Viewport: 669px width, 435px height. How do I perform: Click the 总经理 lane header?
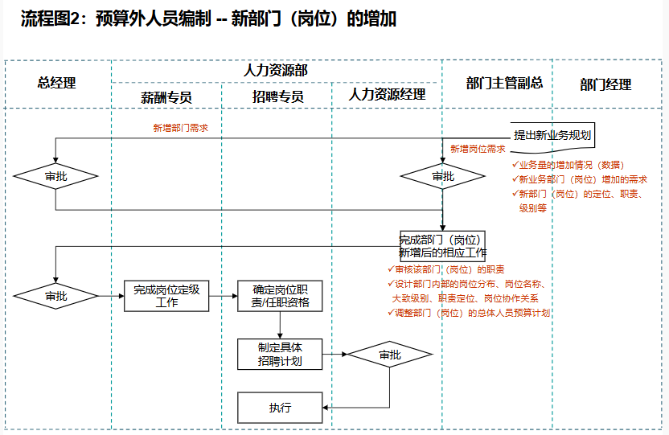pyautogui.click(x=56, y=83)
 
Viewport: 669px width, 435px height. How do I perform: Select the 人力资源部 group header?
pyautogui.click(x=276, y=71)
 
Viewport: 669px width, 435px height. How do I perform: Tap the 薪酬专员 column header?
pyautogui.click(x=166, y=96)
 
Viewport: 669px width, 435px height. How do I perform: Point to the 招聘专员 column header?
pyautogui.click(x=277, y=96)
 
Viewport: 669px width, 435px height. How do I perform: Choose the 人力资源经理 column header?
pyautogui.click(x=387, y=95)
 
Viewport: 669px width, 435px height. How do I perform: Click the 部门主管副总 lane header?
pyautogui.click(x=504, y=83)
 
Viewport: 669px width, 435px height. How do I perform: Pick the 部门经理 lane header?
pyautogui.click(x=605, y=84)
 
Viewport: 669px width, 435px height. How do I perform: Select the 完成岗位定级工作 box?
pyautogui.click(x=166, y=296)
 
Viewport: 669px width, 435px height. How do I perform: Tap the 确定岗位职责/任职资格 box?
pyautogui.click(x=280, y=296)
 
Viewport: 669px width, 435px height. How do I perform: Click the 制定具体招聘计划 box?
pyautogui.click(x=280, y=354)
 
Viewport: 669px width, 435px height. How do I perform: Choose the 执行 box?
pyautogui.click(x=280, y=408)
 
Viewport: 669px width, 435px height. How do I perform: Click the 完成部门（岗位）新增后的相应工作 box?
pyautogui.click(x=442, y=245)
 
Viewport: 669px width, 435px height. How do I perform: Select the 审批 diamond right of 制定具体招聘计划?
pyautogui.click(x=390, y=355)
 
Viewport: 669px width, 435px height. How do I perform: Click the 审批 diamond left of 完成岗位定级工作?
pyautogui.click(x=56, y=296)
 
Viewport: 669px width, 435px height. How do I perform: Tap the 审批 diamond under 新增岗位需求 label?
pyautogui.click(x=442, y=176)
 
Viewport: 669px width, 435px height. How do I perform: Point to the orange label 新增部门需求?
pyautogui.click(x=180, y=127)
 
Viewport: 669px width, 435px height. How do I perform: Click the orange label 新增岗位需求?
pyautogui.click(x=478, y=149)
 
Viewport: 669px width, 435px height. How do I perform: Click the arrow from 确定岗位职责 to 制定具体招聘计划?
pyautogui.click(x=280, y=325)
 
